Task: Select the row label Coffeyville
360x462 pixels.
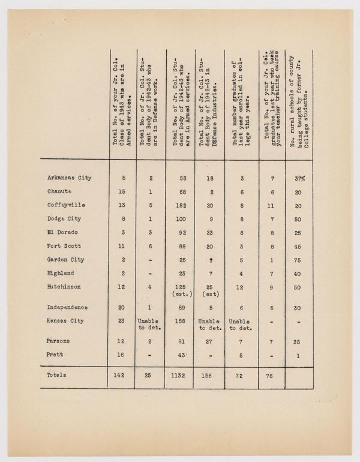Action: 65,205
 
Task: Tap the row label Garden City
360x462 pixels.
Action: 65,260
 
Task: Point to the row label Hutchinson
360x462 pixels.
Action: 65,287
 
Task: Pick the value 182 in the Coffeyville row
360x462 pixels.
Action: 179,205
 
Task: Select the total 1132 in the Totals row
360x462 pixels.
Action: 179,375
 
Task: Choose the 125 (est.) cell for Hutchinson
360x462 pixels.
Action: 179,290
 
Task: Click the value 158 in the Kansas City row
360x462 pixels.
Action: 179,321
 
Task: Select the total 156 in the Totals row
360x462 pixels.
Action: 208,375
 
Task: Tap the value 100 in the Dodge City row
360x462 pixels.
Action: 179,219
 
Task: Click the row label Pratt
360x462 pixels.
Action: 56,355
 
